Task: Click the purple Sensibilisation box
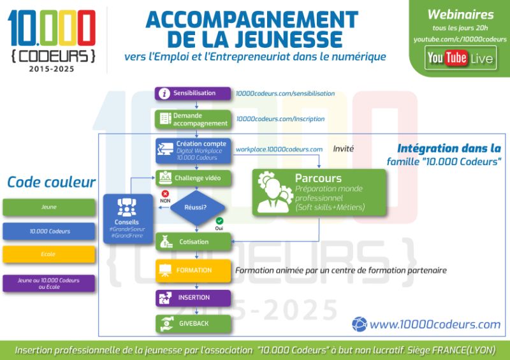193,93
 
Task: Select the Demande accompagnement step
193,119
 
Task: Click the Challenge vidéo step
193,178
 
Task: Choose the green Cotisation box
193,242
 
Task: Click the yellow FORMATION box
193,270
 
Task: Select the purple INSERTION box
193,298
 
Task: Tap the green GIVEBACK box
193,323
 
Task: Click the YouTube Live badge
460,58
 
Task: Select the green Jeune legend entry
49,207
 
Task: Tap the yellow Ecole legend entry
49,254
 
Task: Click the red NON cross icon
165,193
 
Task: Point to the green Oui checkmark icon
219,220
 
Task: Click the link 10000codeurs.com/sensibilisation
285,93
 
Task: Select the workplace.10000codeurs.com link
279,149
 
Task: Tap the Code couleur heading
51,182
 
